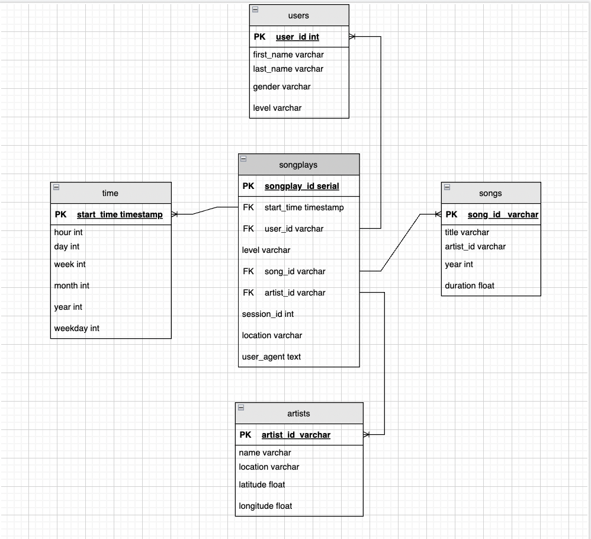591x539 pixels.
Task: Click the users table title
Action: pos(298,15)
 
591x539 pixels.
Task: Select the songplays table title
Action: pos(298,165)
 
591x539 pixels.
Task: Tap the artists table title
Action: pos(298,413)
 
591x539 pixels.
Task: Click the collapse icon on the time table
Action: pos(57,187)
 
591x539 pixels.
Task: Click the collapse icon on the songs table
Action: pos(448,187)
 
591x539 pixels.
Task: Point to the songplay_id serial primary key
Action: pos(301,186)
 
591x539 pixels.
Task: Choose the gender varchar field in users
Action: pos(282,86)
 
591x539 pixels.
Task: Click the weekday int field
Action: pos(77,328)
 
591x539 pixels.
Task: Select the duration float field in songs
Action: pos(470,285)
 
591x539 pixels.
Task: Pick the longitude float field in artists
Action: pos(265,506)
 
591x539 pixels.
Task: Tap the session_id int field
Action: pos(268,314)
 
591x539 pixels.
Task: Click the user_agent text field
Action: pos(271,357)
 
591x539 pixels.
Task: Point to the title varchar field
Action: pos(467,232)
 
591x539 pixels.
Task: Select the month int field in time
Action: pos(72,285)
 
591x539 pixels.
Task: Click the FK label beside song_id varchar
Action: pos(249,271)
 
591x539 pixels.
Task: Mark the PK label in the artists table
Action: pos(246,435)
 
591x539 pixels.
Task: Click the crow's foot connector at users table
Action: pos(352,37)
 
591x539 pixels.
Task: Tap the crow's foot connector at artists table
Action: pos(367,435)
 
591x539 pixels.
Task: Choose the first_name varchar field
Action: pos(288,54)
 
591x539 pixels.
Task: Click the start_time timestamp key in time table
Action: pos(120,214)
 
